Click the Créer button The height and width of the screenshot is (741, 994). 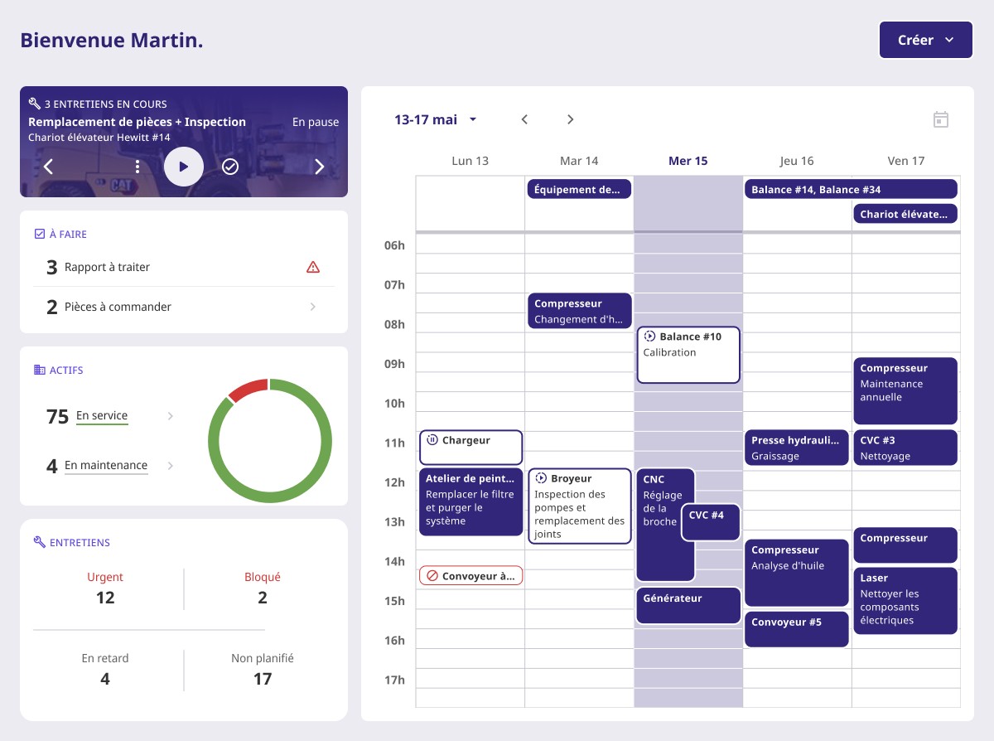[x=925, y=40]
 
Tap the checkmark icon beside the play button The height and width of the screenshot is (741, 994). [x=230, y=167]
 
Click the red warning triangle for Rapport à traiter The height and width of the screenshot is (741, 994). [x=312, y=267]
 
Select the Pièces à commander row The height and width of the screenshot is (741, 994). [x=183, y=307]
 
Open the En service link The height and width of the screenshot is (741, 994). [x=102, y=416]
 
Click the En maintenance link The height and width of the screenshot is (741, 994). [x=106, y=466]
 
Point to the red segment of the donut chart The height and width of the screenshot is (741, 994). [x=248, y=389]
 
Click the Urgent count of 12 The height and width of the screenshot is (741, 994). [x=105, y=598]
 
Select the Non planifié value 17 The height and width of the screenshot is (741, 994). [x=262, y=679]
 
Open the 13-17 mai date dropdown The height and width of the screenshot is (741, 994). [x=436, y=119]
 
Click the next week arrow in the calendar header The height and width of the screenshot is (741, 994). [x=570, y=119]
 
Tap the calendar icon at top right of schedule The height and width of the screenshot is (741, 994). [x=941, y=119]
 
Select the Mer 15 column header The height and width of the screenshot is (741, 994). [x=688, y=161]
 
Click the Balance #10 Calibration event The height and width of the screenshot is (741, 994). [x=688, y=355]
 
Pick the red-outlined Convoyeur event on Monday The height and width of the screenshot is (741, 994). [x=470, y=576]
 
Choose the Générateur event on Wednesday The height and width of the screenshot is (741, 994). [x=688, y=605]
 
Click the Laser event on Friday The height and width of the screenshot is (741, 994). [x=905, y=600]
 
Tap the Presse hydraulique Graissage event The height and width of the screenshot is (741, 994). [x=797, y=448]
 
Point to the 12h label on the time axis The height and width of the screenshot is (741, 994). [x=394, y=482]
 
